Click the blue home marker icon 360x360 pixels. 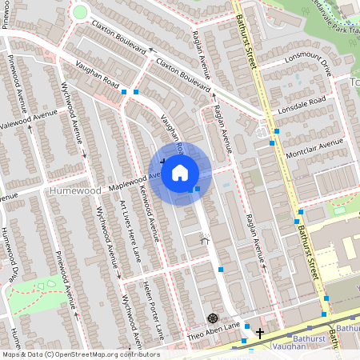[x=180, y=172]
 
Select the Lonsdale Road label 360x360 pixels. [x=299, y=104]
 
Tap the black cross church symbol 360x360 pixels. [x=259, y=330]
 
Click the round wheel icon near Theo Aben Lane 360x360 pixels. [x=212, y=318]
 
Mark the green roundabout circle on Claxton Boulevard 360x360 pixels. [x=79, y=12]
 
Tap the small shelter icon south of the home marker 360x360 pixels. [x=204, y=239]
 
